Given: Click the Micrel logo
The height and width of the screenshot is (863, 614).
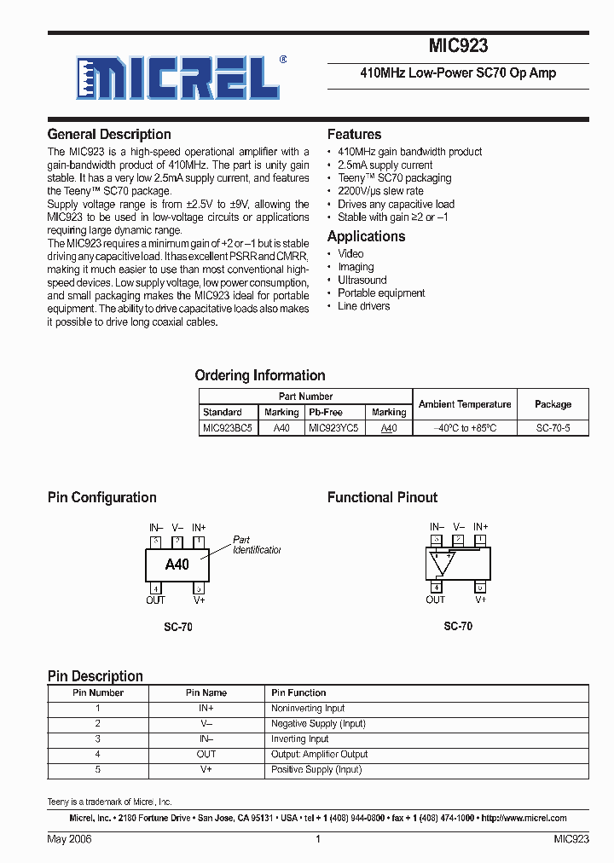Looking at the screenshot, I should coord(178,79).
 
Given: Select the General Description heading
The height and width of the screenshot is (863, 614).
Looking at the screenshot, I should coord(109,134).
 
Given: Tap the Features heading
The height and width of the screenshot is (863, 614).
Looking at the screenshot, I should coord(354,134).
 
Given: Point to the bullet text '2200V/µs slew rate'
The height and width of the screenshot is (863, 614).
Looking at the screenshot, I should coord(380,191).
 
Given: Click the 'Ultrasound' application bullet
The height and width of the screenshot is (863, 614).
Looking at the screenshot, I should coord(362,280).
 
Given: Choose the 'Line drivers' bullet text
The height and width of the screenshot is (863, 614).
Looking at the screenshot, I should coord(363,306).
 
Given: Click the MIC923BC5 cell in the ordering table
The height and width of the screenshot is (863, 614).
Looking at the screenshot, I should coord(228,428).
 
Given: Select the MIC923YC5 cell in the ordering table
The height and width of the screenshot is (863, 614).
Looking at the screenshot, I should coord(333,428).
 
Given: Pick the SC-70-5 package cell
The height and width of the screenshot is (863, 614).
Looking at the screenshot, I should coord(553,428).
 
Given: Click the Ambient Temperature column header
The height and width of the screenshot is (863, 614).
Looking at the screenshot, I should coord(465,404).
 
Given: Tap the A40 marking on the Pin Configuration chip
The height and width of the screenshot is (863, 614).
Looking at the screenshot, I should coord(177,565).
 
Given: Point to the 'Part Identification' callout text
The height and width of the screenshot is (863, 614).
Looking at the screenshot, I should coord(256,545).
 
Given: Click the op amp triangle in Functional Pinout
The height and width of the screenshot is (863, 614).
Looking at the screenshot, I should coord(442,562).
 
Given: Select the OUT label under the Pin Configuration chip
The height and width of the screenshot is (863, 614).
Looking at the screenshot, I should coord(155,600).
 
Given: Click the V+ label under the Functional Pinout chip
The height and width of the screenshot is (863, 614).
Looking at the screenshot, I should coord(481,600).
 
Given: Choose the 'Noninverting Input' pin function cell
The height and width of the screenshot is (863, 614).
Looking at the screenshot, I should coord(308,709).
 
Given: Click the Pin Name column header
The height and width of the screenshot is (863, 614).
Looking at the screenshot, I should coord(206,692).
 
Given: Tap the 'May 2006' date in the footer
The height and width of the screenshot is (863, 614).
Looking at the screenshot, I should coord(69,839).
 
